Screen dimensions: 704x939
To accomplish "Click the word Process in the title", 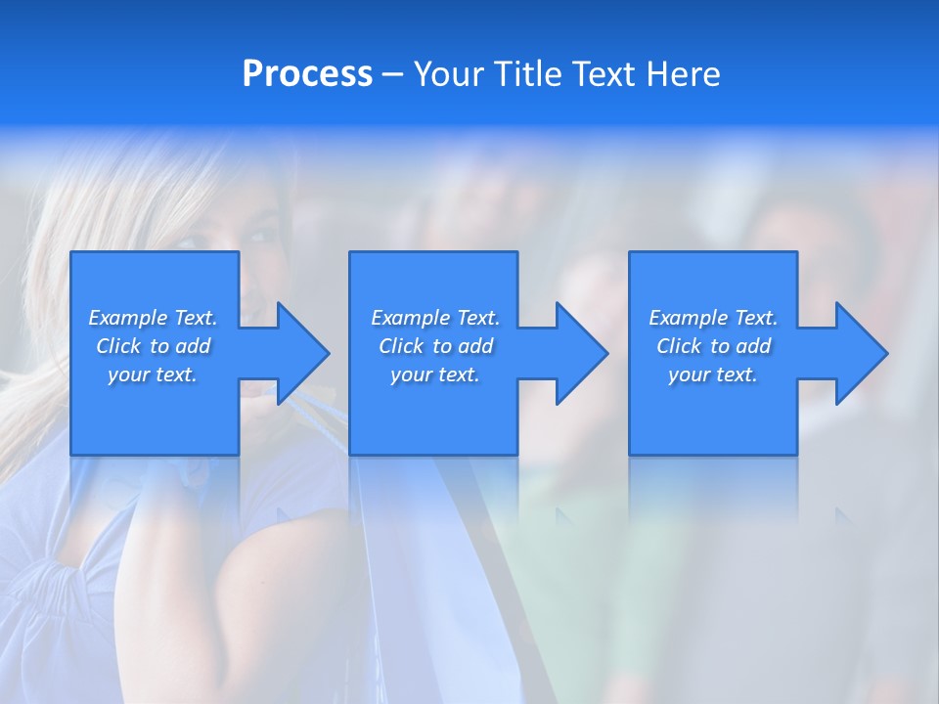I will [307, 73].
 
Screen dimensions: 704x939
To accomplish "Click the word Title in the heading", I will [524, 74].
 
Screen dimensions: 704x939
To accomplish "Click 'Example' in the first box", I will [128, 318].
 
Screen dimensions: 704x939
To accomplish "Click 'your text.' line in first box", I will [153, 374].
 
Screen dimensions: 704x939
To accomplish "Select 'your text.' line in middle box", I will [435, 374].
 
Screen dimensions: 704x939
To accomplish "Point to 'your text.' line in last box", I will [713, 374].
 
